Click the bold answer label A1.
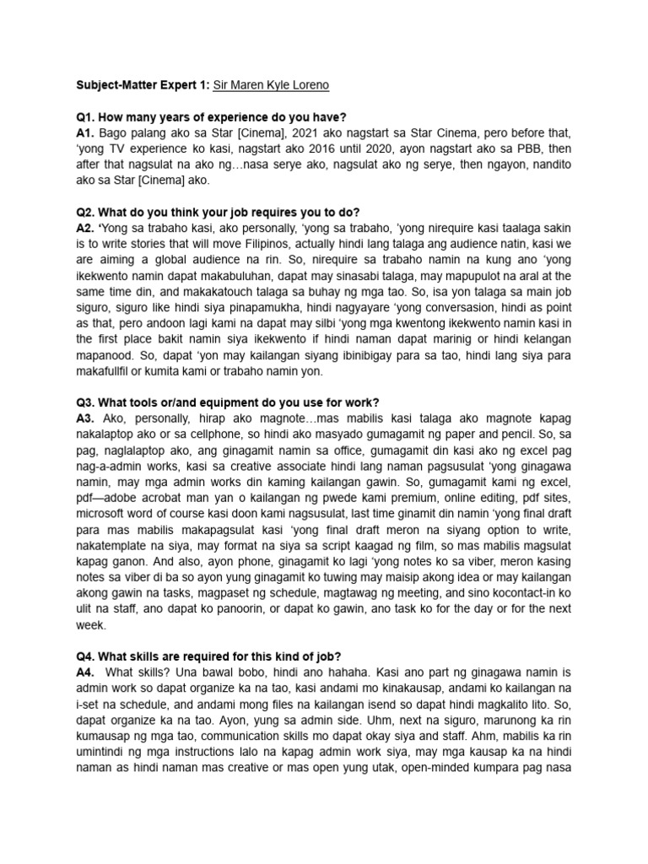click(84, 133)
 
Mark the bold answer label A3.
click(84, 418)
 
